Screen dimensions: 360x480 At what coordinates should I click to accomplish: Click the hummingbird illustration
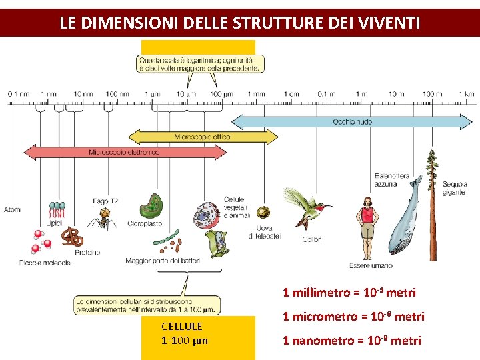[x=308, y=207]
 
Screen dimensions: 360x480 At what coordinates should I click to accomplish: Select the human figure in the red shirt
[x=367, y=227]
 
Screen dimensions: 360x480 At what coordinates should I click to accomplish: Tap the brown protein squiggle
[x=73, y=236]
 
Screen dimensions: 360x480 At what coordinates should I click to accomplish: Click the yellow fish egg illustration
[x=264, y=213]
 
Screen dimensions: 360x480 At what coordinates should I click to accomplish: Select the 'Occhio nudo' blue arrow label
[x=352, y=122]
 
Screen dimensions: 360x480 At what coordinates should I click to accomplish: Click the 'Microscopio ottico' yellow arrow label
[x=202, y=137]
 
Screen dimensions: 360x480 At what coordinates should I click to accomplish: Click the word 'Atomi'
[x=13, y=209]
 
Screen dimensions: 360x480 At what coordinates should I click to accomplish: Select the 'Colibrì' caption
[x=311, y=239]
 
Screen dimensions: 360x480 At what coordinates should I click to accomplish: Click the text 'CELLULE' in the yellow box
[x=181, y=327]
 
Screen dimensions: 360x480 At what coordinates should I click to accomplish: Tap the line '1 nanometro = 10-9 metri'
[x=352, y=341]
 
